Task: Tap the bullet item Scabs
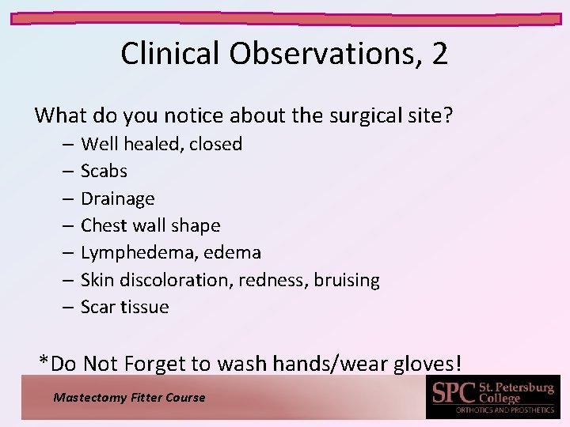point(104,171)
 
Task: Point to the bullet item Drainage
point(117,198)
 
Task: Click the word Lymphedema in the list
point(137,252)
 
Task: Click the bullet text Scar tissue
point(125,307)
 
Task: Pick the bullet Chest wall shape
point(150,225)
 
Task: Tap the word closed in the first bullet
point(215,144)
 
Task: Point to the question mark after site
point(449,116)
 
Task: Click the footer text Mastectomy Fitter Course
point(129,398)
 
